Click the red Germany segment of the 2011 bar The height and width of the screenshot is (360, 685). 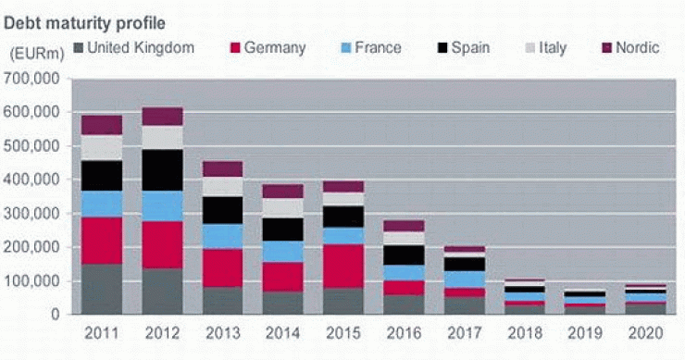(102, 241)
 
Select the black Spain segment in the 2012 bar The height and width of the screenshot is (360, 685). (162, 169)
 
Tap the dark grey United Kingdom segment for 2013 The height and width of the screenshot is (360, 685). (222, 300)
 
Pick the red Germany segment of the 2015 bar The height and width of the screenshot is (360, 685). (342, 266)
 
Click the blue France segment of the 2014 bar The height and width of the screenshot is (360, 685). (282, 251)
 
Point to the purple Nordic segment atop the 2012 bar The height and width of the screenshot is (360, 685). (162, 116)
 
